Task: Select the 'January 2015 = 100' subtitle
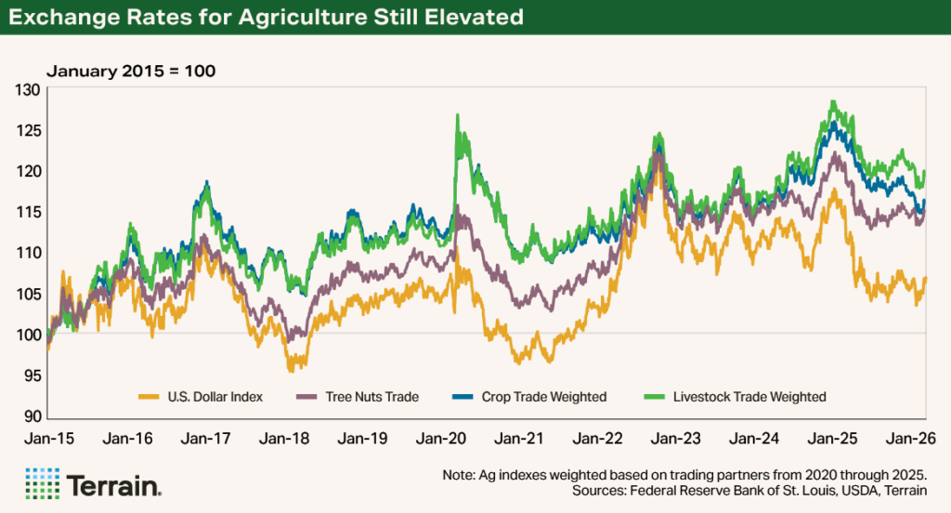click(x=131, y=71)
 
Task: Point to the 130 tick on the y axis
click(x=29, y=90)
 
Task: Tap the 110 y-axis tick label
click(x=29, y=253)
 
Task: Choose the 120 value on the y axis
click(x=29, y=172)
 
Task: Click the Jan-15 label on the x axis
click(x=46, y=438)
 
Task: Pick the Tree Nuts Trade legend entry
click(x=369, y=397)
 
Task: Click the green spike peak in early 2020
click(x=458, y=115)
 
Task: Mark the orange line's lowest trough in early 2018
click(x=291, y=370)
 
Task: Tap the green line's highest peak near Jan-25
click(x=833, y=101)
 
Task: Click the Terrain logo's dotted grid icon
click(x=43, y=484)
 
